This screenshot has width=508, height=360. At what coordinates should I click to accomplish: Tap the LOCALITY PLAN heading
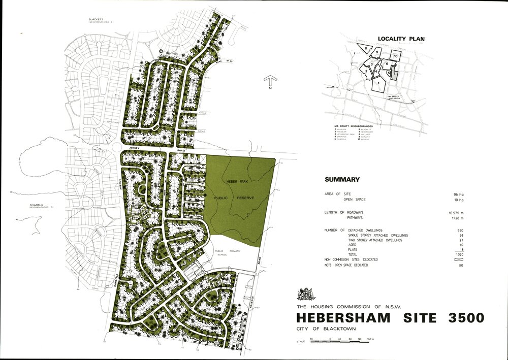coord(401,39)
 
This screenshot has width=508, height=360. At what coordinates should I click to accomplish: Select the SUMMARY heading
coord(342,180)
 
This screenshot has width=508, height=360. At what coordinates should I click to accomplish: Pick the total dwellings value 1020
coord(460,254)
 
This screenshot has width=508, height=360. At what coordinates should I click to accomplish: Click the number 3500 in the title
coord(463,318)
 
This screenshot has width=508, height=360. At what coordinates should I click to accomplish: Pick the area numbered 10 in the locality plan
coord(395,55)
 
